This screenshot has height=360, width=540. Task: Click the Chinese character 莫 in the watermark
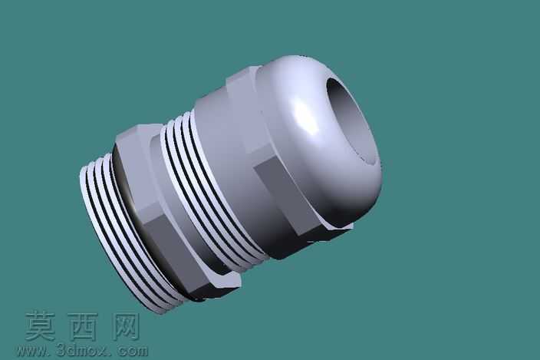click(x=41, y=326)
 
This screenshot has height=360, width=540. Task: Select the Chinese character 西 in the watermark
click(x=83, y=326)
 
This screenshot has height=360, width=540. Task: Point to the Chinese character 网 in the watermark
click(x=126, y=326)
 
